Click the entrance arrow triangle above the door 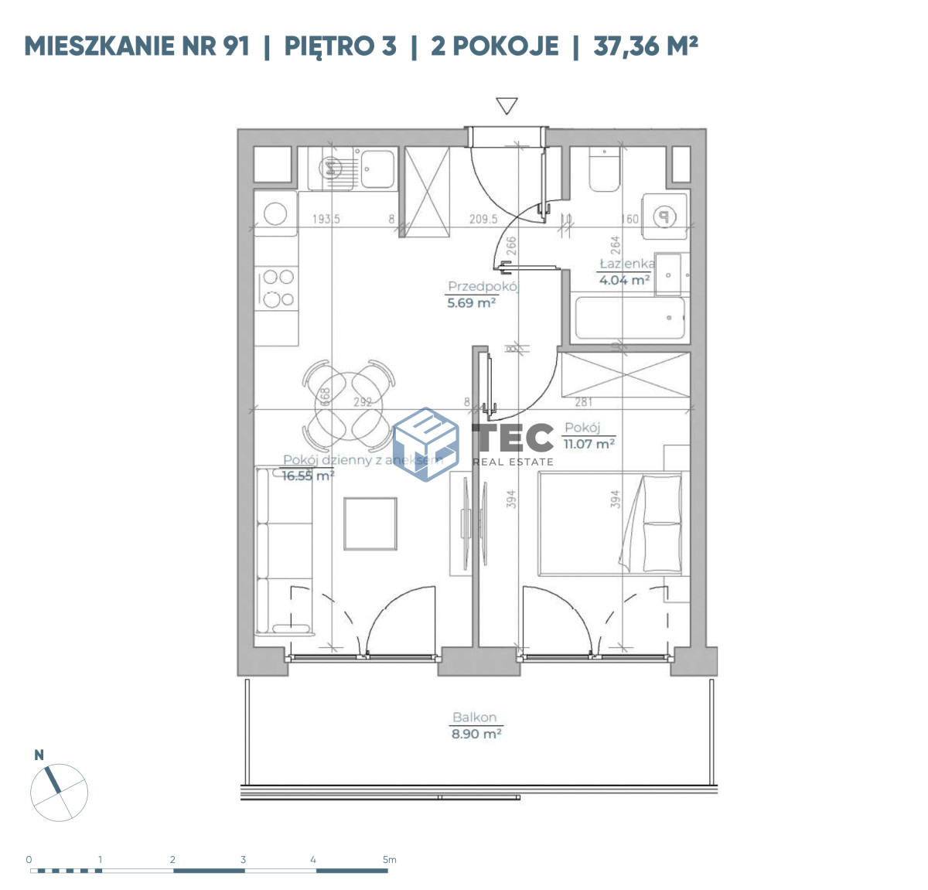click(x=507, y=106)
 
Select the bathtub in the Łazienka click(x=629, y=318)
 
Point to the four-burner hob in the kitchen click(x=278, y=287)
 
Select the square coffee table click(x=370, y=523)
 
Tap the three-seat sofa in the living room click(x=284, y=551)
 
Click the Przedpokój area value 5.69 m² click(x=471, y=303)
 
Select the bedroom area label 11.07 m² click(x=589, y=444)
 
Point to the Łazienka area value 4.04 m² click(x=623, y=280)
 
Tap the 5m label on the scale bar click(x=389, y=859)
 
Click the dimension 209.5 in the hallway click(x=483, y=219)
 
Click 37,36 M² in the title click(x=646, y=46)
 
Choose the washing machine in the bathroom click(x=664, y=217)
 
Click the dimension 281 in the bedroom click(x=584, y=401)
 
